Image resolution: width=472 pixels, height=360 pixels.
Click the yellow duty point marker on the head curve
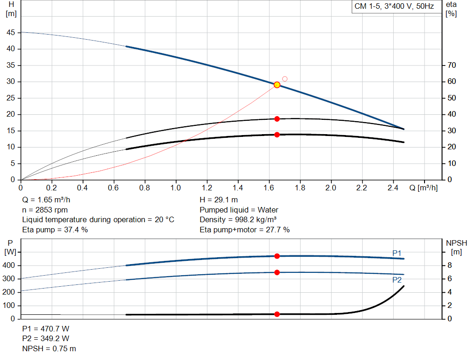click(277, 85)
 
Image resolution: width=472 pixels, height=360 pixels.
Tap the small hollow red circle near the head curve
click(285, 79)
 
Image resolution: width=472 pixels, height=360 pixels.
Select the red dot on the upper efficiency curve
click(277, 119)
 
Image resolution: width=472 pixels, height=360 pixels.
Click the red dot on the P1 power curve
click(277, 256)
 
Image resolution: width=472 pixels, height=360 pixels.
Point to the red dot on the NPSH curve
click(277, 314)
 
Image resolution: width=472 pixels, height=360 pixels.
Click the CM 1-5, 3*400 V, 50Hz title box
click(394, 6)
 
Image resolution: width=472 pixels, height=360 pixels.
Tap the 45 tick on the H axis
click(11, 33)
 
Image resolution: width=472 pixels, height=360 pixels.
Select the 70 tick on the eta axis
click(451, 65)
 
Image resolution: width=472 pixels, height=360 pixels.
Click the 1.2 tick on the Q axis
click(207, 188)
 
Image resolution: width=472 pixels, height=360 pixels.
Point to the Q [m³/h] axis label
click(423, 188)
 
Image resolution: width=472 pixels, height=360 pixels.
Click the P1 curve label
click(397, 253)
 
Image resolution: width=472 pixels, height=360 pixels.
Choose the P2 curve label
click(397, 280)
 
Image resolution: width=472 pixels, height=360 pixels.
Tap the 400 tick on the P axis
click(10, 266)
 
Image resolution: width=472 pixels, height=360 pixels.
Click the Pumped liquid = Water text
click(239, 210)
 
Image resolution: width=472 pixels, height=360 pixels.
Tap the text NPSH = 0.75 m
click(49, 348)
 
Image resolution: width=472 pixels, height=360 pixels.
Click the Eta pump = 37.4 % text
click(55, 230)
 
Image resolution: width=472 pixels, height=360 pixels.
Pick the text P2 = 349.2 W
click(46, 339)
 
